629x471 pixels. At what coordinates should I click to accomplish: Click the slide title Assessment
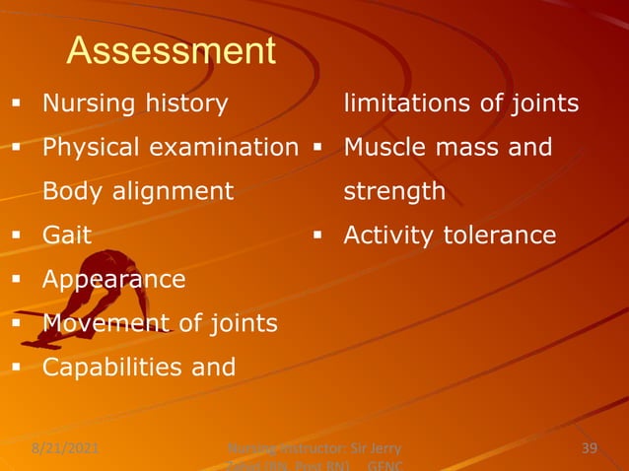pos(171,51)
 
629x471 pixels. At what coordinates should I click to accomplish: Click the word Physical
pos(91,148)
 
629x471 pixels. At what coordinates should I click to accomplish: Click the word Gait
pos(66,235)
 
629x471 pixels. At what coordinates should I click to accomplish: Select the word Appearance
pos(113,280)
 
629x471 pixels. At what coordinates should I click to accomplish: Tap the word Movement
pos(100,323)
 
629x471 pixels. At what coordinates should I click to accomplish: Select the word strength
pos(394,191)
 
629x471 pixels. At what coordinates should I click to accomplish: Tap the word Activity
pos(391,235)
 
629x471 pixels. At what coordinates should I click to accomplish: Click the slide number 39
pos(590,450)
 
